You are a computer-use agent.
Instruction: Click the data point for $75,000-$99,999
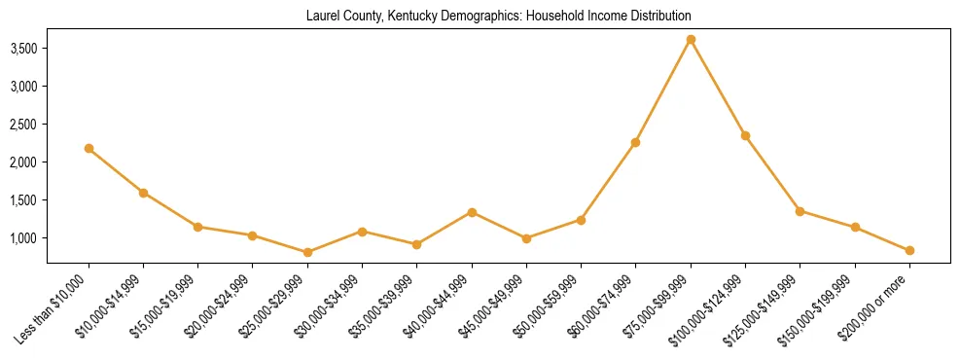(x=691, y=40)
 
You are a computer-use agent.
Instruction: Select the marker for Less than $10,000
(x=89, y=148)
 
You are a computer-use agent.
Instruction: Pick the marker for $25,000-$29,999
(x=307, y=252)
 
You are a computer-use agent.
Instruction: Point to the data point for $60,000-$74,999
(x=636, y=142)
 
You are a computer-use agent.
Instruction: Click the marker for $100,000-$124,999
(x=745, y=135)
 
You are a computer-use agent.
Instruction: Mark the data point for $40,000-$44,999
(x=472, y=212)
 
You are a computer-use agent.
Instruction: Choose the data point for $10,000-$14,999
(x=143, y=193)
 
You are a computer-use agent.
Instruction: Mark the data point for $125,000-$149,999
(x=800, y=211)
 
